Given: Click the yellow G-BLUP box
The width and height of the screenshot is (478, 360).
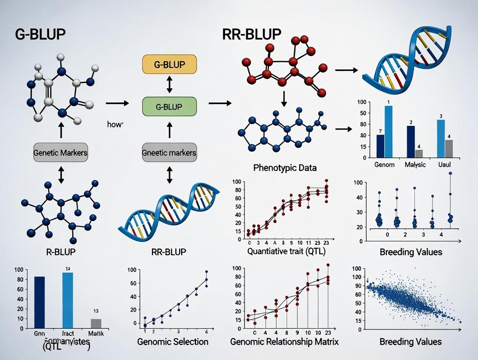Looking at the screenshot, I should click(169, 65).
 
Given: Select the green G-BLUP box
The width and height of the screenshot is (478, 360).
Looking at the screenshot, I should click(169, 106).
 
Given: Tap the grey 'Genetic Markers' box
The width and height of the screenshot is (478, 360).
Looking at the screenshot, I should click(60, 152).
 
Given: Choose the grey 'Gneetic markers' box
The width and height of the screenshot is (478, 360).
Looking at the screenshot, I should click(169, 152).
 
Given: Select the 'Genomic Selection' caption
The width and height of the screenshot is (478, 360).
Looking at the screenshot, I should click(173, 342).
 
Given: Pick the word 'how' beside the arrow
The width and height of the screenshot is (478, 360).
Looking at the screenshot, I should click(115, 125).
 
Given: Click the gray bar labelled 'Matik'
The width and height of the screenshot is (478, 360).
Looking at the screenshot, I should click(96, 323).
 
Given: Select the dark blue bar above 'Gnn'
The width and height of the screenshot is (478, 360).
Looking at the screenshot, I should click(39, 302).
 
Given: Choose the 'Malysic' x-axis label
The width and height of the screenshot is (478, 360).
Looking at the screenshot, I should click(415, 165).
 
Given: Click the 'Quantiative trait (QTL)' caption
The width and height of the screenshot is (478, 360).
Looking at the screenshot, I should click(286, 251).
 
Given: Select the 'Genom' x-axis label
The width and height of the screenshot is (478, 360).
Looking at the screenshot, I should click(384, 165).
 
